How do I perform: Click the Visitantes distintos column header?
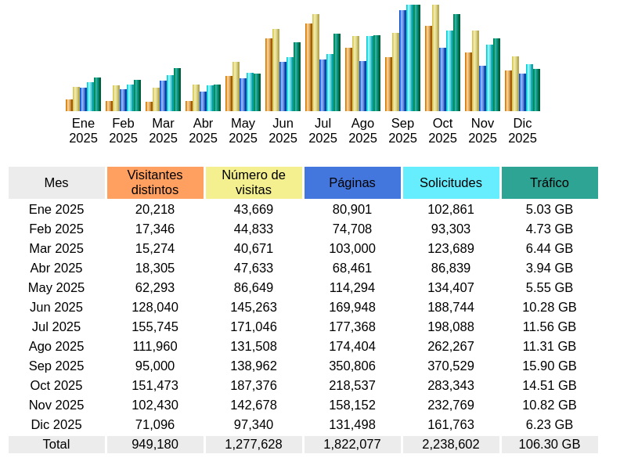pos(155,182)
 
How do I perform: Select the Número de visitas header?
pos(254,182)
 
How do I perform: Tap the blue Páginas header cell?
pos(352,182)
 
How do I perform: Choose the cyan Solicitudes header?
pos(451,182)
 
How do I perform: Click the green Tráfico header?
pos(550,182)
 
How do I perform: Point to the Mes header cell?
pos(56,182)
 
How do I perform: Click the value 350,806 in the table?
pos(352,366)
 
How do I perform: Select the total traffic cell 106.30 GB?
pos(550,444)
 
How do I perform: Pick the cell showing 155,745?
pos(155,326)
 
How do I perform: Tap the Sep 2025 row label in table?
pos(56,366)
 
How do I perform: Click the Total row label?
pos(56,444)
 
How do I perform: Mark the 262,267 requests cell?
pos(451,346)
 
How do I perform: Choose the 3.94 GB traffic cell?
pos(550,268)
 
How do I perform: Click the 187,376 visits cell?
pos(254,385)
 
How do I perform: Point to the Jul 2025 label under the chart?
pos(323,131)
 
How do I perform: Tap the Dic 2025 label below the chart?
pos(522,131)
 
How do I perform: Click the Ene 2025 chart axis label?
pos(83,131)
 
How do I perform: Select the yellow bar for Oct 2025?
pos(435,59)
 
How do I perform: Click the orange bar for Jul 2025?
pos(308,68)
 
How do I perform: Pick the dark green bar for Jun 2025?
pos(297,77)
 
